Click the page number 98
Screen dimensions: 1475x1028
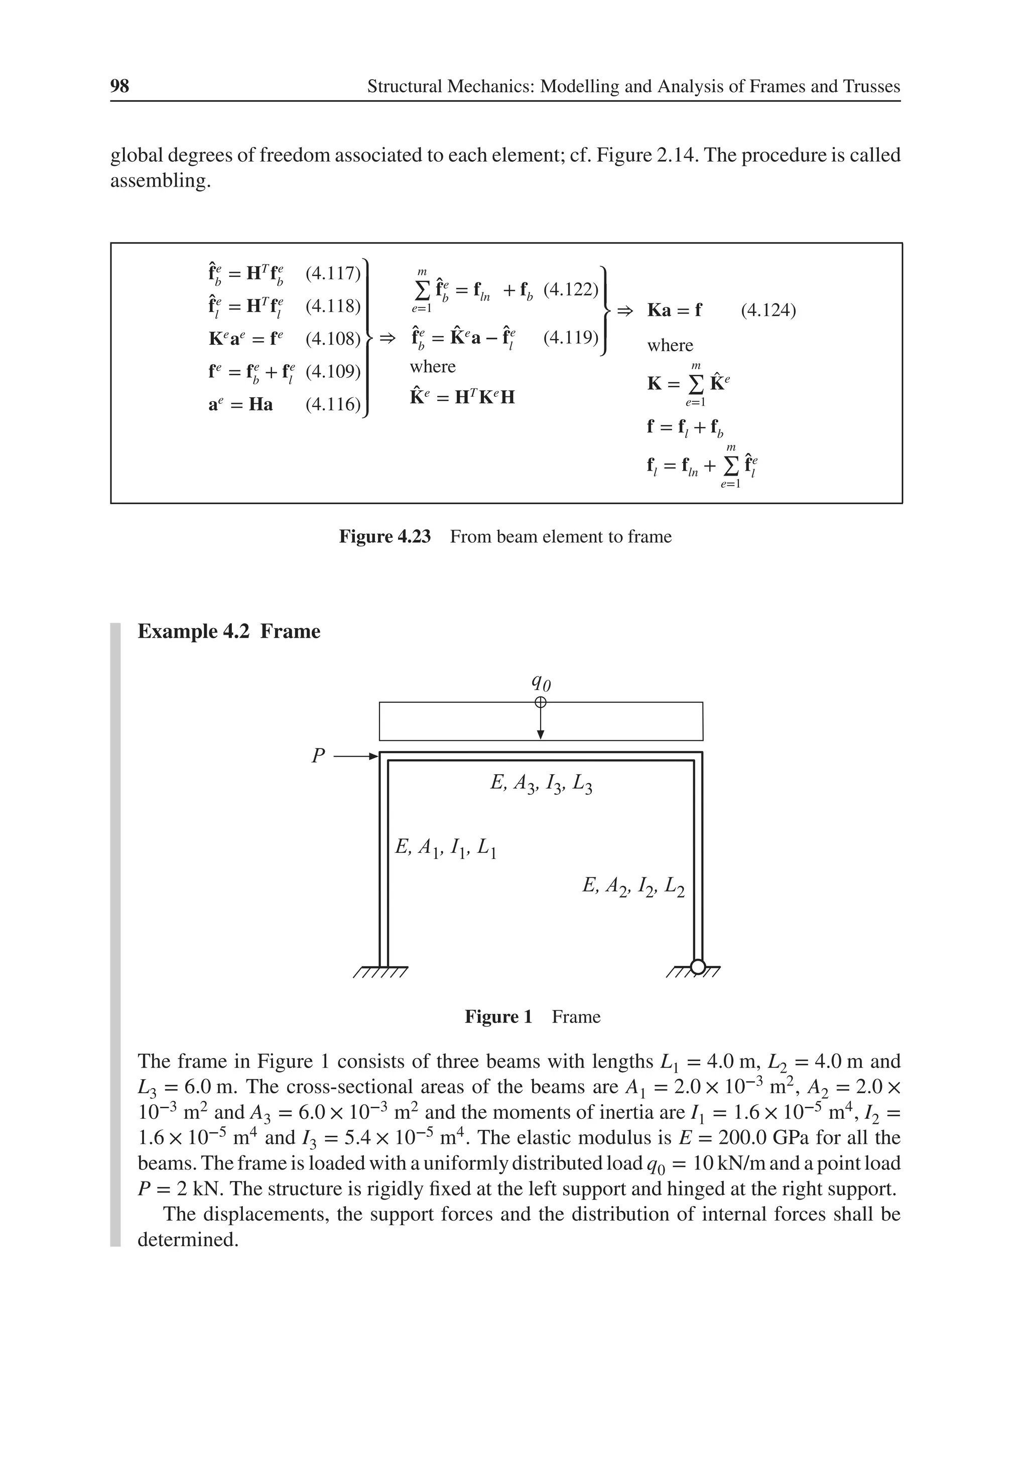point(119,86)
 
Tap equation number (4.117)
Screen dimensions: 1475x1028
point(332,273)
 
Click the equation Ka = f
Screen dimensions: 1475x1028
point(675,310)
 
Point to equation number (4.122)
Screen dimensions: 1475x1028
point(571,290)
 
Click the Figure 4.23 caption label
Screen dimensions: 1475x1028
point(384,536)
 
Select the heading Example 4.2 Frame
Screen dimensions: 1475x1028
point(229,632)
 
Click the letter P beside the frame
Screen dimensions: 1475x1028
point(318,756)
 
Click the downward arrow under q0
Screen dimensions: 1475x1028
point(541,723)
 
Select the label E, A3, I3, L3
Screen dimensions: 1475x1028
point(541,783)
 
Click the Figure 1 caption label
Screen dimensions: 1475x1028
point(498,1017)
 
